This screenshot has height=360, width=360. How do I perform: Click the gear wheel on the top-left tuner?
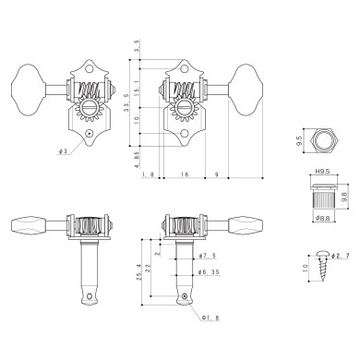88,112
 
